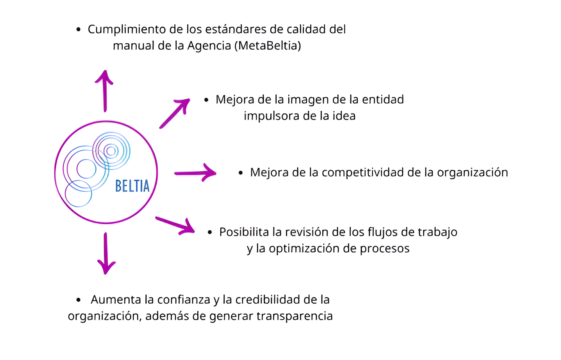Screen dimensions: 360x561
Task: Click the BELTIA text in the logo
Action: tap(132, 186)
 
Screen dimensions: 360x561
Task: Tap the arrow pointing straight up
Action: tap(105, 91)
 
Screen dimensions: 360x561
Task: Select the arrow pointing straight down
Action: tap(106, 253)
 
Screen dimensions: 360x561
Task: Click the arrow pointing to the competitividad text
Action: tap(195, 173)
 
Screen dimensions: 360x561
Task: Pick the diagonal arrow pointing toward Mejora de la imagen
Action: tap(175, 113)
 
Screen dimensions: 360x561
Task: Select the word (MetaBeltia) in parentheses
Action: tap(268, 46)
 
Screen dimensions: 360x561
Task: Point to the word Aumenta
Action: tap(116, 299)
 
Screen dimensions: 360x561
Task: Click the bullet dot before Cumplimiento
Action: tap(79, 29)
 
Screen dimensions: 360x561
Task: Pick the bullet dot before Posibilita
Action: tap(210, 232)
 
